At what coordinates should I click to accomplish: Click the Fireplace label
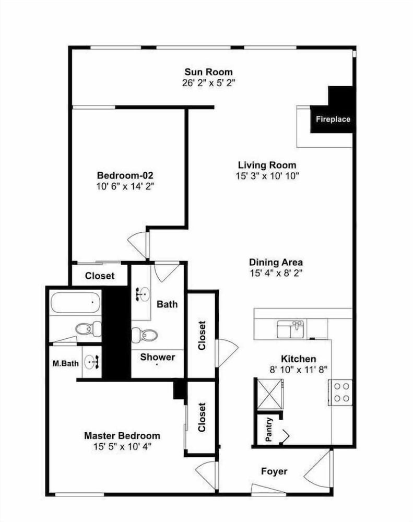[333, 119]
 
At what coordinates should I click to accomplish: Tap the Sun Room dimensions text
[209, 83]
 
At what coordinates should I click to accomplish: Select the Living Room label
[267, 165]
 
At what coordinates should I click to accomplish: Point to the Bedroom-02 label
[125, 175]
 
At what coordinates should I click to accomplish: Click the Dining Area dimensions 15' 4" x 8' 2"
[276, 273]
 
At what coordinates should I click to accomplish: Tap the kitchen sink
[290, 329]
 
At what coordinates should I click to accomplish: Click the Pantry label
[269, 430]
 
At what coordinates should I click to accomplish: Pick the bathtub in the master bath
[76, 302]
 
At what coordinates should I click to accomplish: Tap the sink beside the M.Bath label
[91, 362]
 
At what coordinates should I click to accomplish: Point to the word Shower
[158, 357]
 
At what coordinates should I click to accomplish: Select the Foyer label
[274, 471]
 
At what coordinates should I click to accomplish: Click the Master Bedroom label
[122, 435]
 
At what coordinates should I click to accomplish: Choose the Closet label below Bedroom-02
[100, 276]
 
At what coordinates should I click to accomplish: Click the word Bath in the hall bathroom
[167, 304]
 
